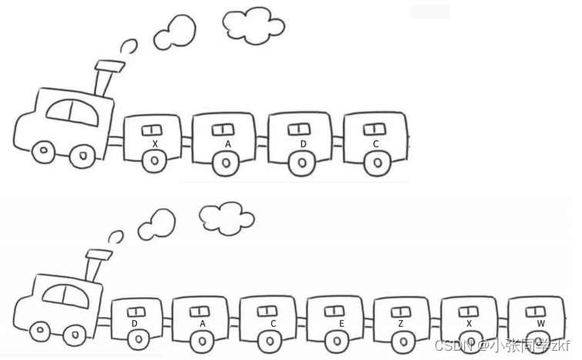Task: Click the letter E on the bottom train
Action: [341, 324]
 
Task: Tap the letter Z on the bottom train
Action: [400, 324]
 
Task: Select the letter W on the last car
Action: [541, 323]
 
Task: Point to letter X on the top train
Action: [155, 144]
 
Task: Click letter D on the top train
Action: [303, 144]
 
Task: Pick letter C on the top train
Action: [376, 144]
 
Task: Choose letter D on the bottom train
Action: [134, 324]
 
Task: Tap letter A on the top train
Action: [228, 144]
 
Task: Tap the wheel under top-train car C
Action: [376, 162]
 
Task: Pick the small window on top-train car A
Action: [225, 128]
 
